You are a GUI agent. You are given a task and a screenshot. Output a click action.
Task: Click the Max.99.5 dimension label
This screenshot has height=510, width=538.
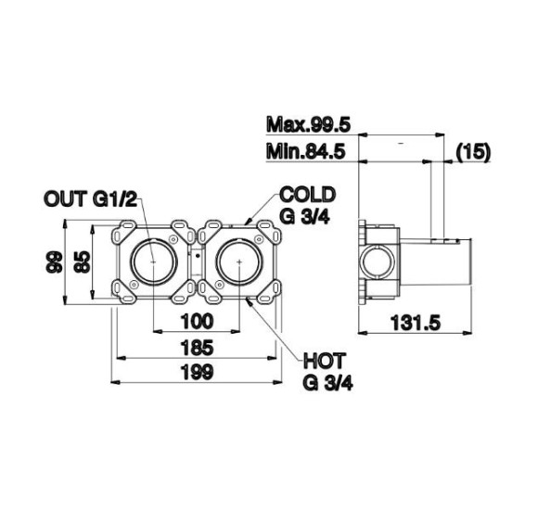tap(308, 125)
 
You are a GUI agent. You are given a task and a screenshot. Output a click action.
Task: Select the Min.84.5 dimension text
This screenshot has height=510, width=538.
tap(305, 151)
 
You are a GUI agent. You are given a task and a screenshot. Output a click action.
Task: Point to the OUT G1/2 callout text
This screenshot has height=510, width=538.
tap(90, 198)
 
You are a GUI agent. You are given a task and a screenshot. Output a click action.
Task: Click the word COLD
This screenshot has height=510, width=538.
tap(307, 195)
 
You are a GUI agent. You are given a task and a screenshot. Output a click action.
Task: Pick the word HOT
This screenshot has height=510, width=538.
tap(324, 361)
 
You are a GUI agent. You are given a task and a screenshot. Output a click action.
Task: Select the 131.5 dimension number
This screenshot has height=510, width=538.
tap(416, 323)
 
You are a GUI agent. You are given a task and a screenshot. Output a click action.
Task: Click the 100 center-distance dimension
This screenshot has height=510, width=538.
tap(198, 322)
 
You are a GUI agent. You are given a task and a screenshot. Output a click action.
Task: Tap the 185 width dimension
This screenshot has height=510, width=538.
tap(198, 348)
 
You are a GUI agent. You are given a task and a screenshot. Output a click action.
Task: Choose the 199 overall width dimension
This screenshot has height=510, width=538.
tap(198, 372)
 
